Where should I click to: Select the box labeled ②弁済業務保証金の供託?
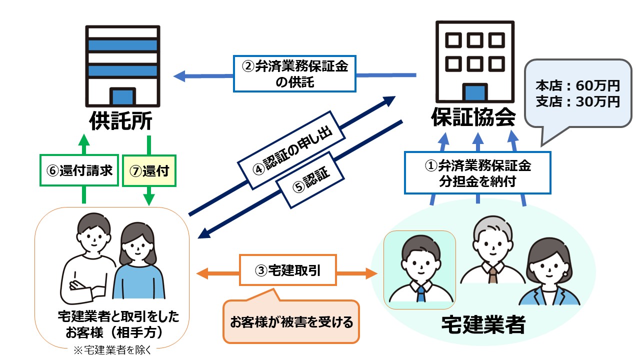[x=295, y=73]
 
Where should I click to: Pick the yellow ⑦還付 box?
[x=149, y=170]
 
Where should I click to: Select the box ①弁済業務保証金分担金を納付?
[x=477, y=172]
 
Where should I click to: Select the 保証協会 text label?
[x=473, y=118]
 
